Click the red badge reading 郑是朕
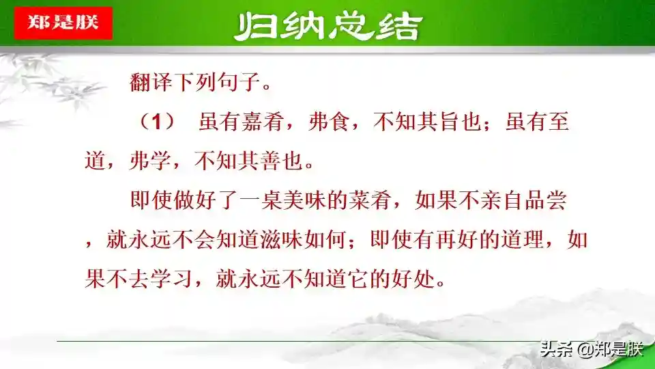63,23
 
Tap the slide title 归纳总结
328,27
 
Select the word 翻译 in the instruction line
151,81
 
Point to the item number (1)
157,122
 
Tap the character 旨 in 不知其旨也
450,122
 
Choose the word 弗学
150,161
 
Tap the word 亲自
501,200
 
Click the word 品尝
545,200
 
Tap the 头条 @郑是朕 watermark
592,349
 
